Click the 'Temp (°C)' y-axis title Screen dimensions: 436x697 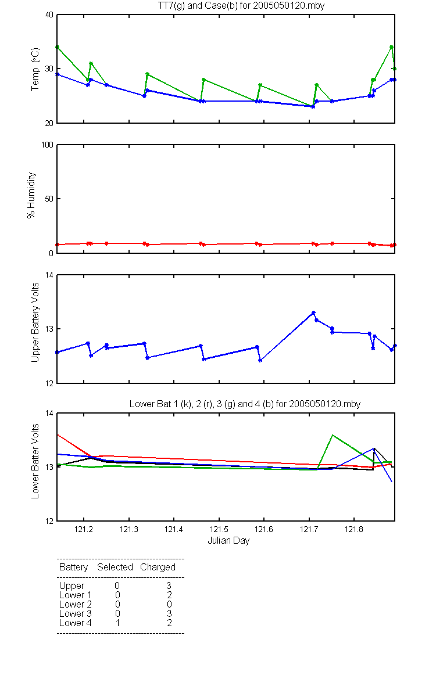(35, 69)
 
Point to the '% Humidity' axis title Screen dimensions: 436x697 (31, 195)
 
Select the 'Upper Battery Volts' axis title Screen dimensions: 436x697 (35, 322)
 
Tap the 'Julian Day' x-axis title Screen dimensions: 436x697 (228, 541)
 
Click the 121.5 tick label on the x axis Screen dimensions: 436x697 (219, 529)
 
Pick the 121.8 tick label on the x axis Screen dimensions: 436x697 (354, 529)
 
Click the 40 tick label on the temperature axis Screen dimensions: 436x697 (49, 15)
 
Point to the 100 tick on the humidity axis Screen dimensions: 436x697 (47, 145)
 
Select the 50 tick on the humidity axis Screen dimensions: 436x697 (49, 199)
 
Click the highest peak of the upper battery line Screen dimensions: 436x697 (313, 312)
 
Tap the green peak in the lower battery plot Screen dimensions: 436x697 (333, 435)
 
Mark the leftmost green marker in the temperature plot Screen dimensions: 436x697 (58, 47)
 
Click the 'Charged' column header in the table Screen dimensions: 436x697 (158, 567)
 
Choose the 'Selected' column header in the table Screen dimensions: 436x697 (115, 567)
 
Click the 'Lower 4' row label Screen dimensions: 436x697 (76, 623)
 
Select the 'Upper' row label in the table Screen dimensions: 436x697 (72, 586)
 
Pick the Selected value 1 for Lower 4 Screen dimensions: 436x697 (117, 623)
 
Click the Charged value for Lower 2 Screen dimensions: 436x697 (169, 604)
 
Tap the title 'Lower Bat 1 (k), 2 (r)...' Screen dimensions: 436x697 (245, 404)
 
